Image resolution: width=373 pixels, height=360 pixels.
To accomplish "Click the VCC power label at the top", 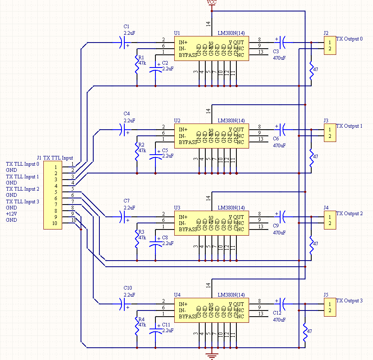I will [x=212, y=2].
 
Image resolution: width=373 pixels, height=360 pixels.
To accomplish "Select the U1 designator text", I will [x=177, y=33].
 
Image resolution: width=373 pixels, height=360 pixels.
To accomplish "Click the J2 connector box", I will [x=330, y=45].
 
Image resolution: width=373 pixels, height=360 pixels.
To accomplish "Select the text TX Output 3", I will [x=349, y=301].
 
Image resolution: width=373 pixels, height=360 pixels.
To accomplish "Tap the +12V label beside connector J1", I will [x=11, y=214].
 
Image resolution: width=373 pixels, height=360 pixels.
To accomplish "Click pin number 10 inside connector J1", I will [x=54, y=223].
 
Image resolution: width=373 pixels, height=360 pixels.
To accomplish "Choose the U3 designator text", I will [x=177, y=208].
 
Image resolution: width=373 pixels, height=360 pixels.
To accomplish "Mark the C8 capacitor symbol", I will [x=155, y=243].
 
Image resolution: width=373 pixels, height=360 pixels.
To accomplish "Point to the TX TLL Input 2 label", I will [x=22, y=189].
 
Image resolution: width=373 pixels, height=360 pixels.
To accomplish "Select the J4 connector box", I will [x=330, y=220].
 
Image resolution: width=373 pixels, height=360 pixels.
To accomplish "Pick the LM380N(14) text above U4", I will [x=231, y=295].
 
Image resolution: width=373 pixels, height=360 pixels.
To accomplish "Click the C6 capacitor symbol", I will [x=282, y=130].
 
